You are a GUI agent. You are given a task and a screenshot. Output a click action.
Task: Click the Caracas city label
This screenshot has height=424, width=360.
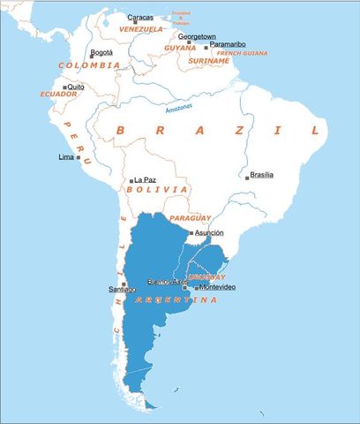tap(139, 18)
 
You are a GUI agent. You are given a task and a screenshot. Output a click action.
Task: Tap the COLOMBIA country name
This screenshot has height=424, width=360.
tap(89, 65)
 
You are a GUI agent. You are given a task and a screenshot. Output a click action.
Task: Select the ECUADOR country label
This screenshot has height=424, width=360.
tap(58, 94)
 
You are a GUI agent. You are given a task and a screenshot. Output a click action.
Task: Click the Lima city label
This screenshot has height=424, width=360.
tap(65, 156)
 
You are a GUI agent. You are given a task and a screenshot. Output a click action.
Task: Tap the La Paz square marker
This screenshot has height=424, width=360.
tap(131, 180)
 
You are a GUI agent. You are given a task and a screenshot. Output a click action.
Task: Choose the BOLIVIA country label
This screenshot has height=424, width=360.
tap(157, 189)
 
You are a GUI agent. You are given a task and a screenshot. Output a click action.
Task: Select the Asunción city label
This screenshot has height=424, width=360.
tap(209, 233)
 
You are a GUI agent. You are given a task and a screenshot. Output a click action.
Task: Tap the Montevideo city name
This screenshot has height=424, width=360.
tap(217, 288)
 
